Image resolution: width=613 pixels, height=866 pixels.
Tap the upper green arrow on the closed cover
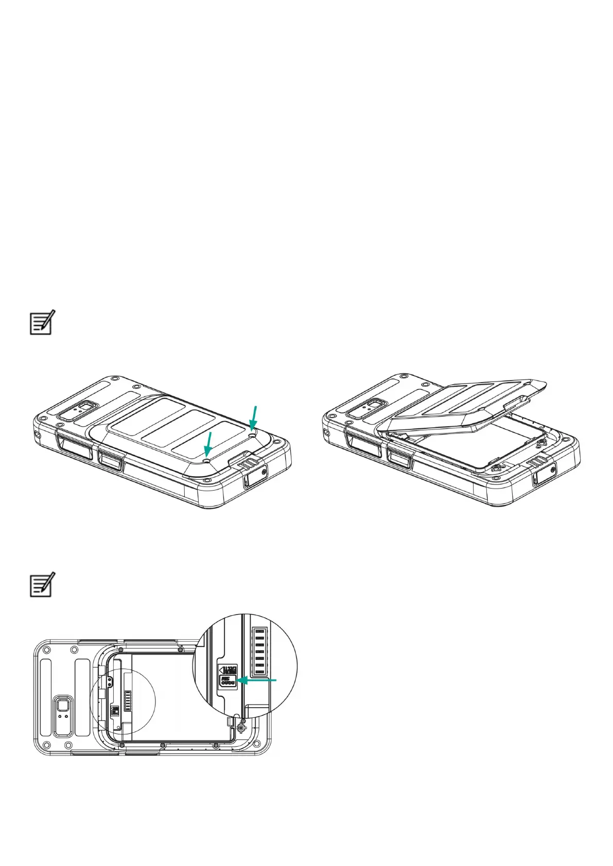[x=253, y=417]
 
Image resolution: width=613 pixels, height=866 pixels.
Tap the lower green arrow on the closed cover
[x=208, y=444]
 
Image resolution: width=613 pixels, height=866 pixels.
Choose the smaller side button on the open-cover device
[x=399, y=457]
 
